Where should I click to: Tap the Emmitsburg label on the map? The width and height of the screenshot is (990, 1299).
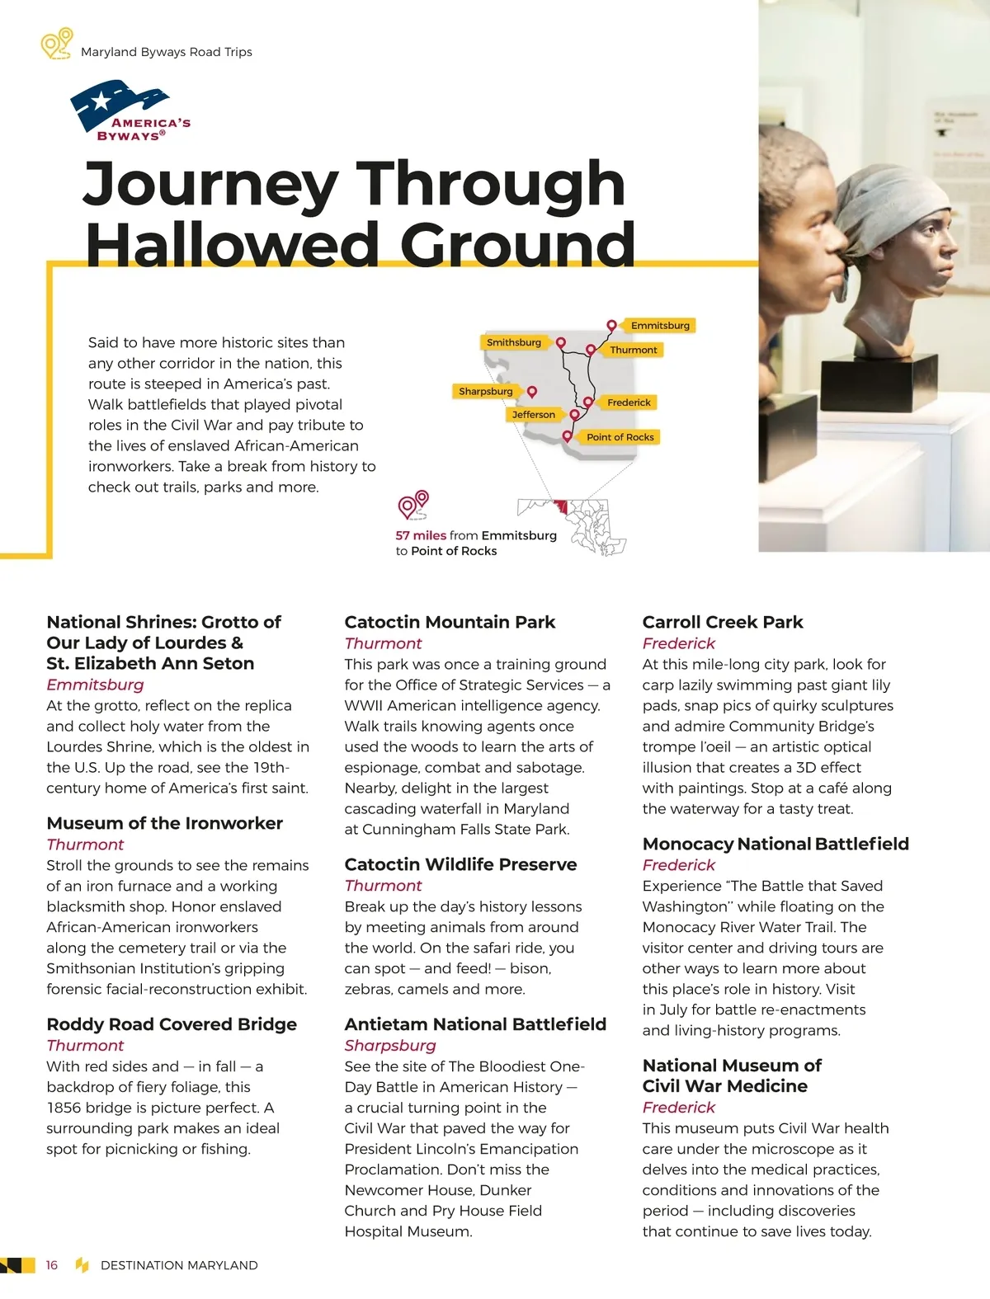[660, 326]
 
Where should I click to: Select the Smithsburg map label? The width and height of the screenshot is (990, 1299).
[513, 342]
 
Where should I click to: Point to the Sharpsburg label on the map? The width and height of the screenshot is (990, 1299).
[485, 392]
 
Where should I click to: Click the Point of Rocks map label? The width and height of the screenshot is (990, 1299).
[620, 437]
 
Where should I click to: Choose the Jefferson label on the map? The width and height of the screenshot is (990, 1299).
[533, 415]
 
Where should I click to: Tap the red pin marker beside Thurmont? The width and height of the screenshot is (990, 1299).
[591, 350]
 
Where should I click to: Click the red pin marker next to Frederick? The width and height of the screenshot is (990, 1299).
[588, 402]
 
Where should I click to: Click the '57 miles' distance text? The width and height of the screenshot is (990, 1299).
[421, 535]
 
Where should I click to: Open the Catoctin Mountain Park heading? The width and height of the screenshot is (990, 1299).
[450, 622]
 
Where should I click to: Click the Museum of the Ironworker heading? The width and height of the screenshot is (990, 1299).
[164, 823]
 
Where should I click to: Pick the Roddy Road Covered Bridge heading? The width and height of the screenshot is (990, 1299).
[172, 1024]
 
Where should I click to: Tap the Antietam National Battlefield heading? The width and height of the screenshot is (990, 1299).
[475, 1024]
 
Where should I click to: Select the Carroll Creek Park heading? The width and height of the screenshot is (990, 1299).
[723, 622]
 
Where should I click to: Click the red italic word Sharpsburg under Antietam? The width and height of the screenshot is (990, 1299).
[390, 1045]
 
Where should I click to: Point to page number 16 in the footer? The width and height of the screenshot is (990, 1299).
[52, 1265]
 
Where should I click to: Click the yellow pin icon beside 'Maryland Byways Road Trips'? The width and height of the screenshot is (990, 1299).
[57, 44]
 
